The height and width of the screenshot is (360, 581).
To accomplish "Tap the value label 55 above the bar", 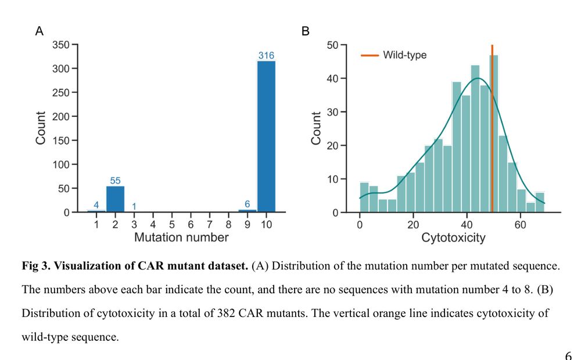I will click(x=115, y=181).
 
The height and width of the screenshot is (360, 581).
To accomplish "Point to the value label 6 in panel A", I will click(x=248, y=204).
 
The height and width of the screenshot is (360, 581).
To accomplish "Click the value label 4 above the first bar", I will click(x=96, y=204).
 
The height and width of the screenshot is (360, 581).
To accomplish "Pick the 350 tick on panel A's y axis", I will click(x=60, y=45).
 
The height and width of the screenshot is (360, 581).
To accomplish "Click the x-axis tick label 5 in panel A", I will click(x=172, y=224).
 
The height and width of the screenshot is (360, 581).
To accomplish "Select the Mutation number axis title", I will click(x=181, y=237).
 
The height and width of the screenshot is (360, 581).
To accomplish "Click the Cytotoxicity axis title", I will click(x=453, y=237).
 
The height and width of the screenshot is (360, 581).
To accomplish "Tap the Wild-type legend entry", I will click(x=404, y=55).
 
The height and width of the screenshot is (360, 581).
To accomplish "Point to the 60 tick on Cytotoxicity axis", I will click(x=520, y=224).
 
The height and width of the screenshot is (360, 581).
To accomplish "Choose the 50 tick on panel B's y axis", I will click(x=333, y=45).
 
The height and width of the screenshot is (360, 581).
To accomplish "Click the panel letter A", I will click(x=40, y=31).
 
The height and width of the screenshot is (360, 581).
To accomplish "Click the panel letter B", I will click(x=306, y=31).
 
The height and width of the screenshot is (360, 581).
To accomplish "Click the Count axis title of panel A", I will click(x=41, y=128).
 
